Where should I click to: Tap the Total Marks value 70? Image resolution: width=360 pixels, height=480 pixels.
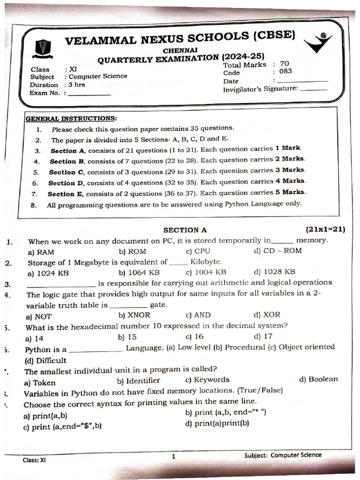click(285, 64)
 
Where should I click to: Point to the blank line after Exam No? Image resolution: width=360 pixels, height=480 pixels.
click(90, 94)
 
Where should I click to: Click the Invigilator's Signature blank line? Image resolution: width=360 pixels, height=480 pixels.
click(314, 89)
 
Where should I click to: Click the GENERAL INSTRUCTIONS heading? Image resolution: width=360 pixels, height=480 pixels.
click(71, 119)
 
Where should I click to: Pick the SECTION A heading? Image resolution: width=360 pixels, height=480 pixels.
click(185, 230)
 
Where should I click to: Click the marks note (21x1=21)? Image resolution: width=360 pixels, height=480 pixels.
click(325, 229)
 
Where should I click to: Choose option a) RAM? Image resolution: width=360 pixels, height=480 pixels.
click(41, 252)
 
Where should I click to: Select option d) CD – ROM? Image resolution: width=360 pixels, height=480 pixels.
click(278, 251)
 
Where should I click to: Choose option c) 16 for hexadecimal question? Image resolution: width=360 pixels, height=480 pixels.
click(195, 336)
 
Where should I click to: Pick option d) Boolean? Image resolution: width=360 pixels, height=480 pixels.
click(318, 379)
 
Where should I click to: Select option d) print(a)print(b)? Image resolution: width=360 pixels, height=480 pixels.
click(217, 423)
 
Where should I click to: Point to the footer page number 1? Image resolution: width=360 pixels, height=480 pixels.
click(173, 456)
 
